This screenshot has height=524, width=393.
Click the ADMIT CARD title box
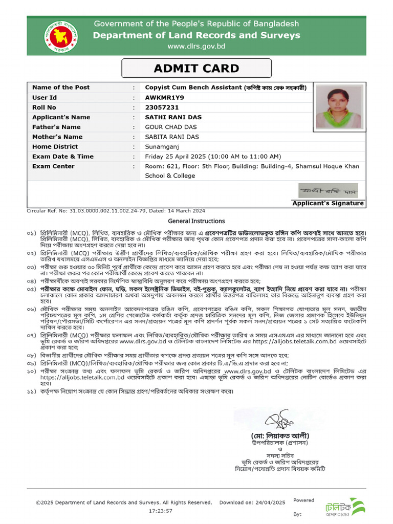tap(196, 69)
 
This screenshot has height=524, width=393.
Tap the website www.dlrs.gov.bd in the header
tap(196, 47)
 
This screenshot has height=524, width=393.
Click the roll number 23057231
tap(162, 107)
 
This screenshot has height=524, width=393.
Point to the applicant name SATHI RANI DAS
tap(173, 117)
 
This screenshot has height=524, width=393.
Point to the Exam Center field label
tap(53, 166)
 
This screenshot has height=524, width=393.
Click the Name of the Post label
tap(61, 88)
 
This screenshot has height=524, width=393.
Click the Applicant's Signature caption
tap(328, 203)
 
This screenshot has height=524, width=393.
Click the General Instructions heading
tap(196, 221)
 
